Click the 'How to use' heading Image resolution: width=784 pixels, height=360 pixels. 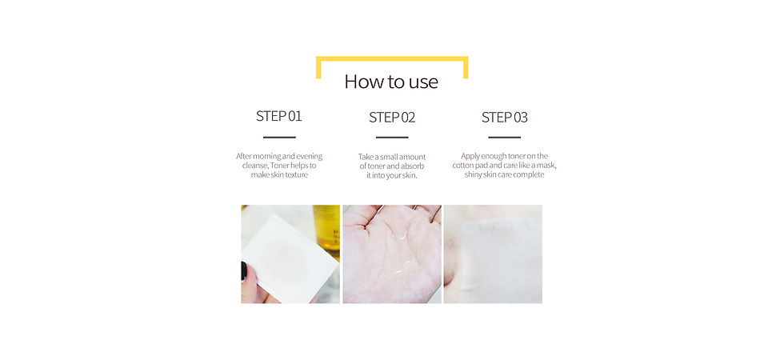tap(391, 82)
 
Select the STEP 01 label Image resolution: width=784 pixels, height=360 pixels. tap(279, 116)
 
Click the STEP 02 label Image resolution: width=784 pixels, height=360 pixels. tap(392, 118)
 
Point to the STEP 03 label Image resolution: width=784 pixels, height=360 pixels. tap(505, 118)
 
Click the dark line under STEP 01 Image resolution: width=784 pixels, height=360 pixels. tap(279, 137)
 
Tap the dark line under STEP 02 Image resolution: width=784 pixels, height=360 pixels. tap(392, 137)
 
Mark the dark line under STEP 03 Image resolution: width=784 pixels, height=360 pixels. tap(505, 137)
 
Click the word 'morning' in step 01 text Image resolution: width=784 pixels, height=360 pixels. tap(267, 156)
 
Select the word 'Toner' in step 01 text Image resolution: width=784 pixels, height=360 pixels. tap(283, 166)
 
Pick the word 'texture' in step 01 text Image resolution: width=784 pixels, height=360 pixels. tap(297, 175)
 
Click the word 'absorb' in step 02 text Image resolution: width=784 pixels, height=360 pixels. tap(413, 166)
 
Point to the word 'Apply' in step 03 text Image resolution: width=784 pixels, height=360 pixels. tap(471, 156)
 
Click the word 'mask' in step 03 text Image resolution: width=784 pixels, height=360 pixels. tap(546, 166)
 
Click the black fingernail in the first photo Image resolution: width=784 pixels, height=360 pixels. tap(244, 270)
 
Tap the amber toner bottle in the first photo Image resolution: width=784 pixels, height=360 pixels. tap(326, 231)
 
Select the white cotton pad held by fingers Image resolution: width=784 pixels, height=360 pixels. tap(290, 259)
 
